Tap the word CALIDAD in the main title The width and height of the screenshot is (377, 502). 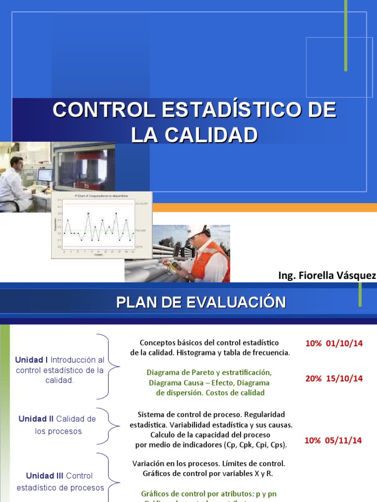pos(211,135)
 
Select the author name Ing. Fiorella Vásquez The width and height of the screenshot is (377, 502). pos(327,276)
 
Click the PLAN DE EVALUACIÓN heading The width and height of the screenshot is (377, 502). pos(201,302)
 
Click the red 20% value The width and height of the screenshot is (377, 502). pos(313,378)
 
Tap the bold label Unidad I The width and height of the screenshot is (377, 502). pos(32,360)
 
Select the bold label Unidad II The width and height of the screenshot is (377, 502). pos(36,419)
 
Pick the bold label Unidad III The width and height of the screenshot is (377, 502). pos(45,476)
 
